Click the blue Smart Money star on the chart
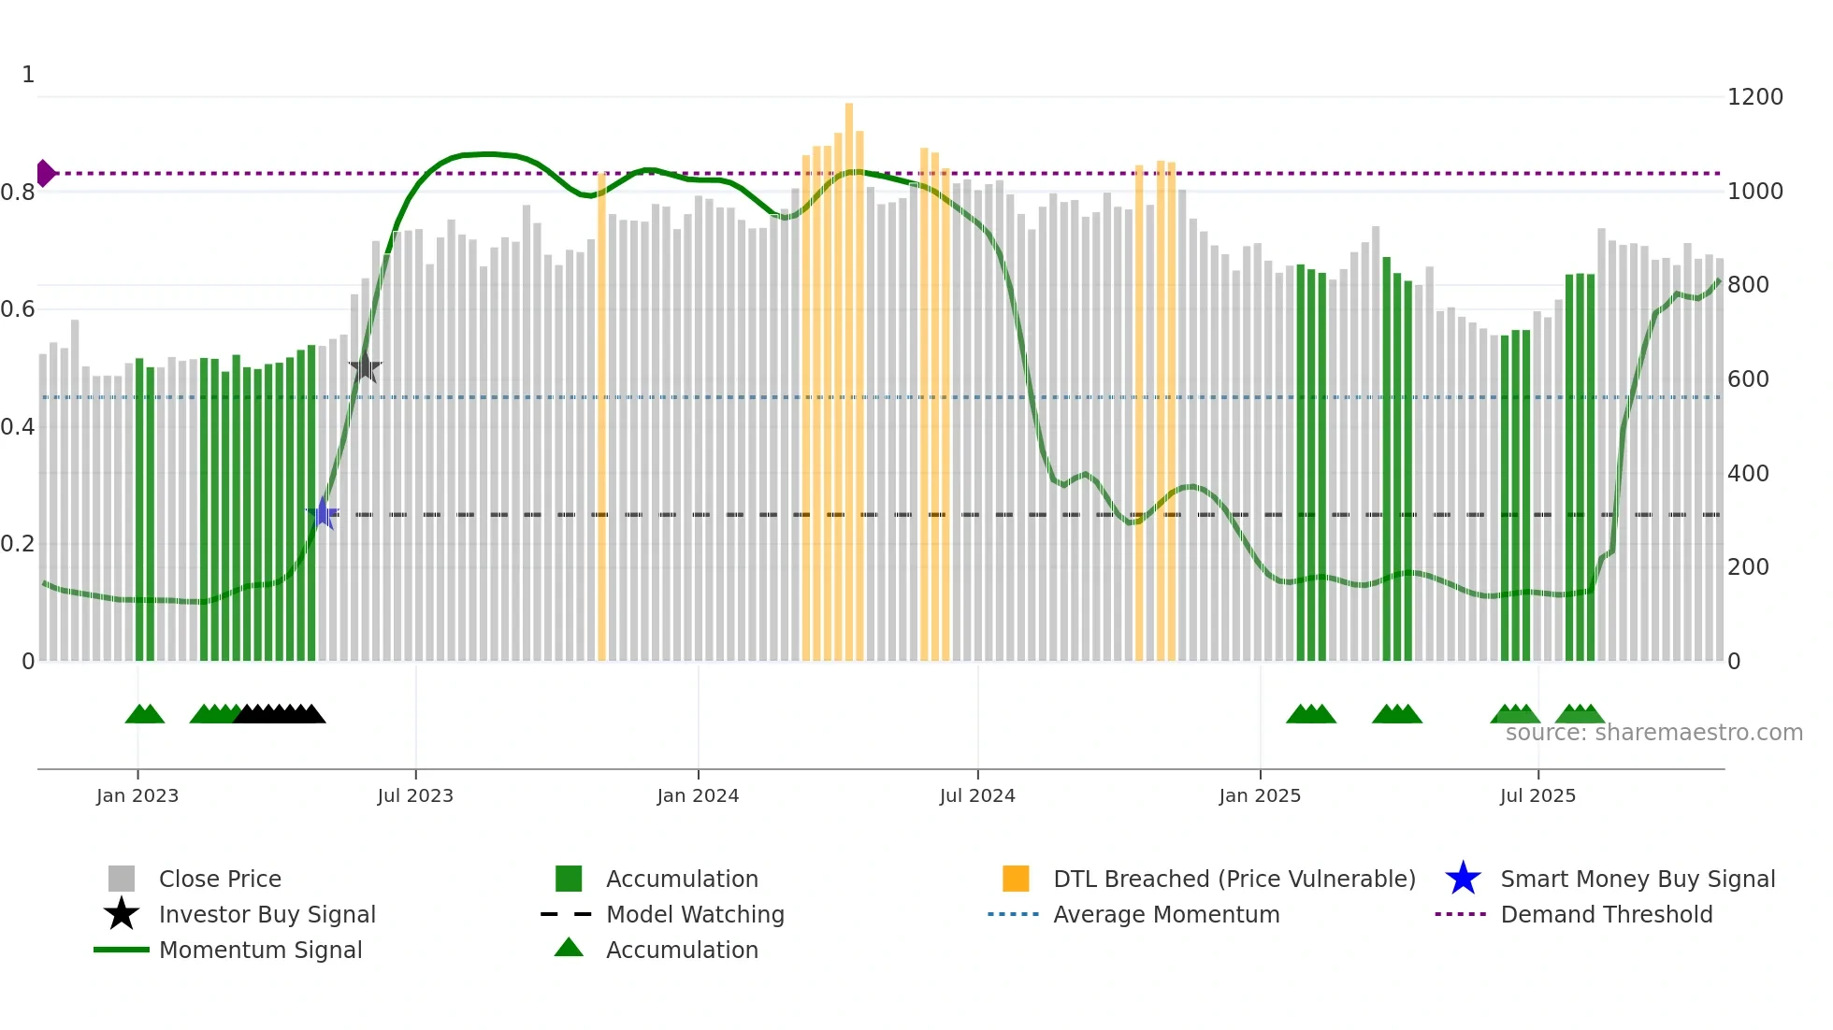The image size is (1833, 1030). tap(323, 514)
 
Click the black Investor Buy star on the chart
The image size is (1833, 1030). tap(365, 367)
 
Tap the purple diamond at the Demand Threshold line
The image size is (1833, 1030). tap(45, 174)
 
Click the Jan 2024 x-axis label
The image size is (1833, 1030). tap(698, 795)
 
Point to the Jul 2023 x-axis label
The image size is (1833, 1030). tap(415, 795)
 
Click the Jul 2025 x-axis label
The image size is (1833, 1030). tap(1537, 795)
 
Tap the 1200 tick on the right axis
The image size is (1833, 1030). tap(1754, 97)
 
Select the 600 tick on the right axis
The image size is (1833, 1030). tap(1748, 379)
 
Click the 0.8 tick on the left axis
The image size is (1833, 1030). tap(19, 193)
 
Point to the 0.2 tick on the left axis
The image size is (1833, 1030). tap(19, 544)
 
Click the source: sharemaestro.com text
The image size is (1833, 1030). tap(1653, 733)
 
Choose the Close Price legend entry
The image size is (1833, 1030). tap(219, 879)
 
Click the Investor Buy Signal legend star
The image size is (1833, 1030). tap(122, 914)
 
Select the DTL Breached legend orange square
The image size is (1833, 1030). tap(1016, 879)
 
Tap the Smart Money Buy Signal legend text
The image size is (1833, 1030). tap(1638, 879)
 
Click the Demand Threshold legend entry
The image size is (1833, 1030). tap(1606, 914)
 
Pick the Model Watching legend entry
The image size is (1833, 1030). tap(695, 914)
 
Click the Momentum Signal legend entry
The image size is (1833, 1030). tap(260, 950)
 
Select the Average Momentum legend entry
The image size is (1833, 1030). tap(1165, 914)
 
